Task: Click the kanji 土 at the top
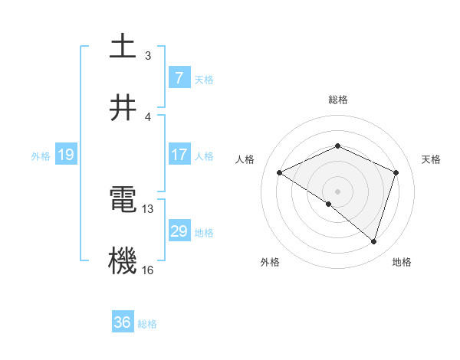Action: (123, 47)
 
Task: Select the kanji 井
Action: (123, 106)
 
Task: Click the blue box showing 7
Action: (179, 77)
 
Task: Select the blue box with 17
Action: (179, 155)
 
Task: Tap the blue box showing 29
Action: (179, 231)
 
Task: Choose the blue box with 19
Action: (65, 155)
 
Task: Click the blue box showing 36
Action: (122, 322)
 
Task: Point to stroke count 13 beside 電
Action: (148, 208)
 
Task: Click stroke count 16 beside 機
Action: (148, 270)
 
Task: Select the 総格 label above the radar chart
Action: (338, 100)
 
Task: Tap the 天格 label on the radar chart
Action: (431, 159)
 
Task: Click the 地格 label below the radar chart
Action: (402, 262)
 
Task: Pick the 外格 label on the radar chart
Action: (270, 262)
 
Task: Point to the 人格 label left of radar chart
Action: (245, 159)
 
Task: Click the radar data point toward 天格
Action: (396, 172)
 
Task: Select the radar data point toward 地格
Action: (374, 241)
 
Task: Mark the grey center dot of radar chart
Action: (338, 191)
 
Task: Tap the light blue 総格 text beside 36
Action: (147, 324)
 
